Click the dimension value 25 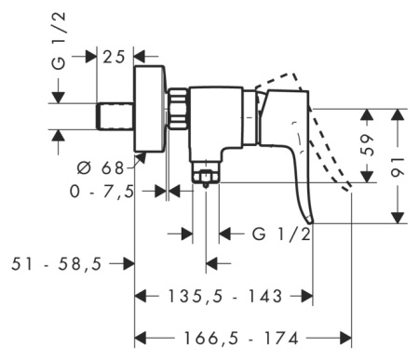tap(115, 56)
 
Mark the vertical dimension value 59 tap(369, 145)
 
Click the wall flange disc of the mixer tap(150, 109)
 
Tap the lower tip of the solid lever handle tap(309, 219)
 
